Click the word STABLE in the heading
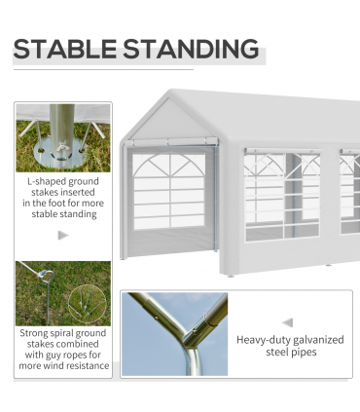tap(65, 49)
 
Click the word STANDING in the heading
tap(191, 49)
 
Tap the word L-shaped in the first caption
tap(45, 182)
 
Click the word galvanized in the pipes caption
tap(317, 340)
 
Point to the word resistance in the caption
tap(87, 366)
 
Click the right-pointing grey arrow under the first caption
tap(63, 235)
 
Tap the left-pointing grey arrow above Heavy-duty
tap(287, 322)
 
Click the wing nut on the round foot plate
tap(60, 149)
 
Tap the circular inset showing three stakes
tap(87, 303)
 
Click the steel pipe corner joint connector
tap(192, 339)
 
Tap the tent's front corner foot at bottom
tap(231, 277)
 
